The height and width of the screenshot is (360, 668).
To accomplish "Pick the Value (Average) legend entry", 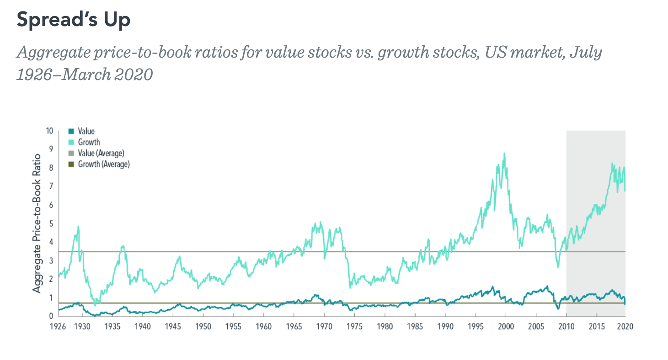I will [x=101, y=153].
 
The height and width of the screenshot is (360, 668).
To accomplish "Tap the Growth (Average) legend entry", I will [x=103, y=164].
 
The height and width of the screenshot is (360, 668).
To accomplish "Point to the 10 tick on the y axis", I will [x=49, y=131].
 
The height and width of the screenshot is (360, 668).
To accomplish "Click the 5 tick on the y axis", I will [x=51, y=224].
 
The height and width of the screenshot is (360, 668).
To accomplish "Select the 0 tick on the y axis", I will [x=51, y=316].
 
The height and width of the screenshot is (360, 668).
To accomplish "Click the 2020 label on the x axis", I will [x=625, y=327].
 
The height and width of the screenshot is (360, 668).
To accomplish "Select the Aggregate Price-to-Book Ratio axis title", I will [x=37, y=223].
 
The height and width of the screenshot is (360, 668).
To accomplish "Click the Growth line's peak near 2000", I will [x=504, y=154].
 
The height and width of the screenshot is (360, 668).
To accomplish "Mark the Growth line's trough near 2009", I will [x=558, y=267].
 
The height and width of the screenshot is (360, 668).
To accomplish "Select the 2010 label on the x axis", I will [x=566, y=327].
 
